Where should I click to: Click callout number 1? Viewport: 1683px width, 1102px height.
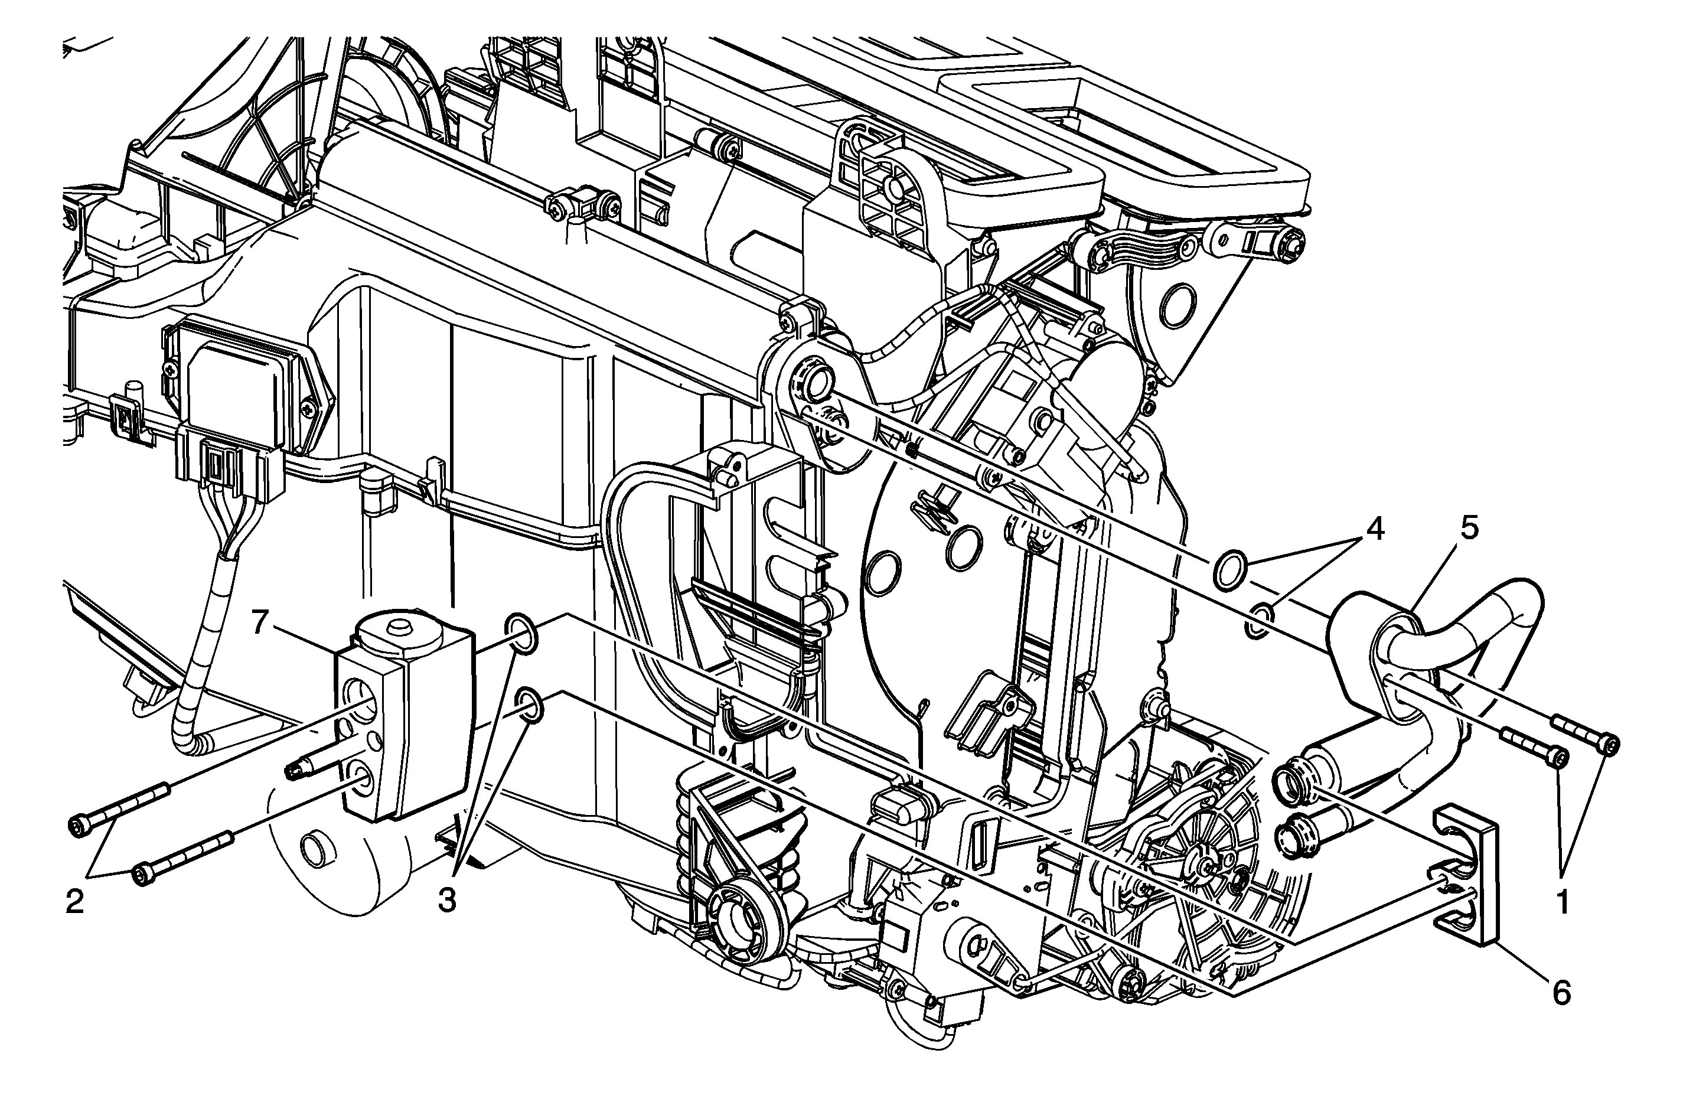pos(1562,902)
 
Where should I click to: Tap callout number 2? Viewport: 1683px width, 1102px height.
pos(75,901)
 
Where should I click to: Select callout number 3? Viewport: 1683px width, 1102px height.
pos(446,901)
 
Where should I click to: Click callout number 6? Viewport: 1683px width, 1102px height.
pos(1561,994)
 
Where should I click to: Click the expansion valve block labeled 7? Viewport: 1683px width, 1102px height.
pos(403,718)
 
